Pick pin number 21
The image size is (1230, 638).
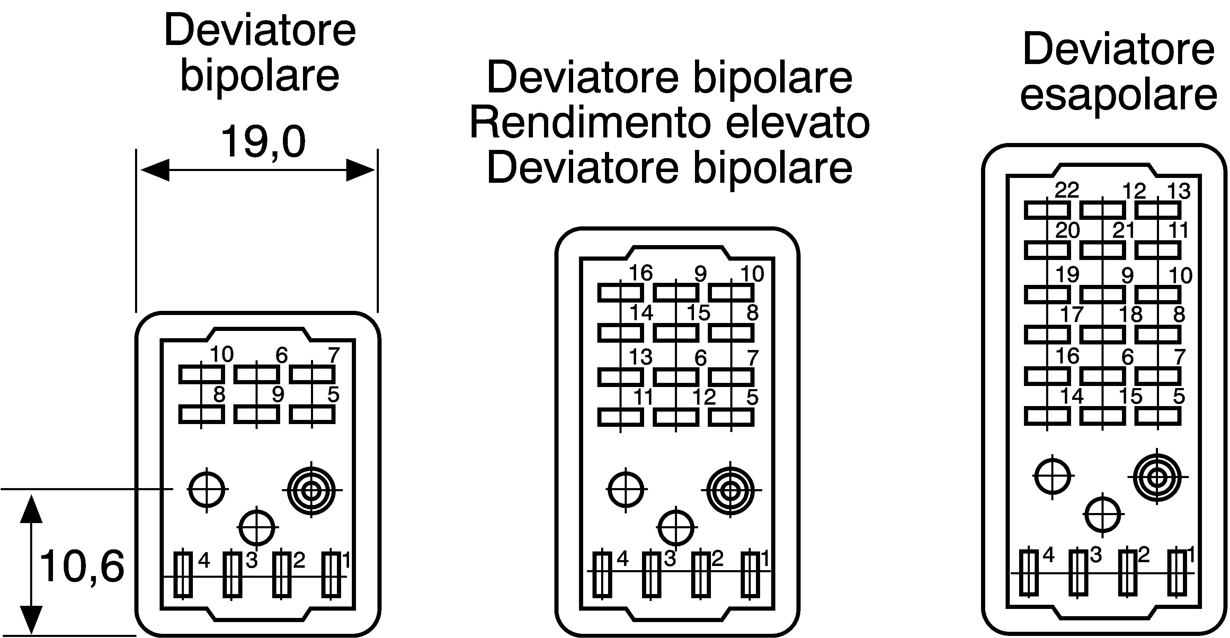coord(1124,231)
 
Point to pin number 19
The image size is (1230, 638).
coord(1067,275)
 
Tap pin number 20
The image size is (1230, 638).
coord(1067,231)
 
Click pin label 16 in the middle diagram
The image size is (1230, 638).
coord(640,273)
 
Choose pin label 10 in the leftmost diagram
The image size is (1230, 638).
coord(222,354)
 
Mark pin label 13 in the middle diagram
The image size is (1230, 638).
coord(640,357)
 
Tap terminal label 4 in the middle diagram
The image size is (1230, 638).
coord(622,558)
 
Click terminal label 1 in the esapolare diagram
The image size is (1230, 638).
coord(1191,555)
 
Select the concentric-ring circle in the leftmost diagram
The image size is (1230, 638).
coord(311,490)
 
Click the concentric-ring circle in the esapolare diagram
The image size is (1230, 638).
coord(1157,476)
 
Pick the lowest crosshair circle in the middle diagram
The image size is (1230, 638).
coord(676,528)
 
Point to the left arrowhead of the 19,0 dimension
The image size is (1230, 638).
coord(155,170)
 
